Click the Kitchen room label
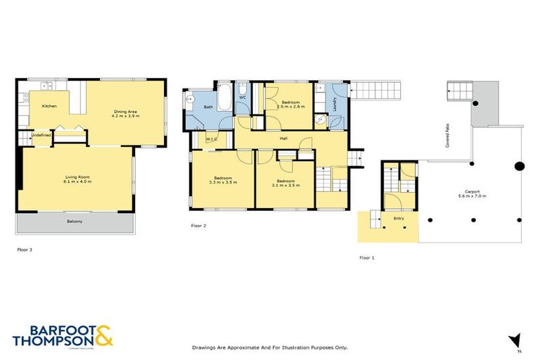pyautogui.click(x=49, y=106)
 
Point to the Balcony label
pyautogui.click(x=75, y=222)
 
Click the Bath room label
pyautogui.click(x=208, y=107)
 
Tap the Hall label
pyautogui.click(x=283, y=139)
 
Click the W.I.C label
pyautogui.click(x=210, y=140)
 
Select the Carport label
pyautogui.click(x=472, y=191)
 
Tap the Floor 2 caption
pyautogui.click(x=198, y=226)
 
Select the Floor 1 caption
pyautogui.click(x=366, y=258)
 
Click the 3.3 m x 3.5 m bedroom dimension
pyautogui.click(x=222, y=182)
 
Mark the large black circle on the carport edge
pyautogui.click(x=519, y=167)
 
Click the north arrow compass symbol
pyautogui.click(x=516, y=340)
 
